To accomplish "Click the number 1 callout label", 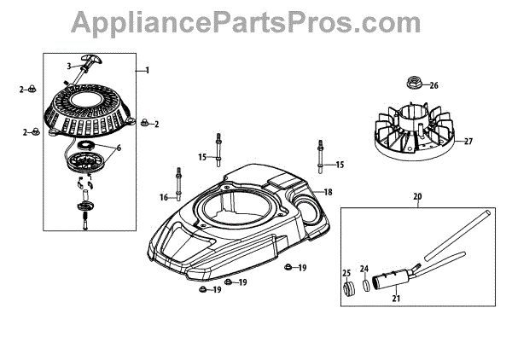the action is point(148,69).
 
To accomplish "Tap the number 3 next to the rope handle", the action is point(69,66).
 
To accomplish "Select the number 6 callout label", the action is point(119,148).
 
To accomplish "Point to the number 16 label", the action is point(164,197).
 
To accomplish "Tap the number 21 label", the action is point(395,299).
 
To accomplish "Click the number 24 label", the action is point(363,268).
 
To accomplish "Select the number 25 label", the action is point(346,273).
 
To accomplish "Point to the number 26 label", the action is point(433,85).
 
